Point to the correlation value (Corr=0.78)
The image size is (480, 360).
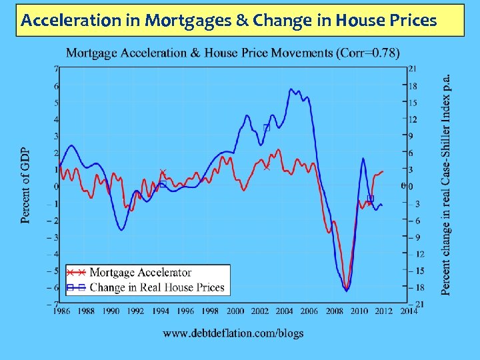(369, 53)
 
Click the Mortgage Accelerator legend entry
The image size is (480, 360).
(140, 272)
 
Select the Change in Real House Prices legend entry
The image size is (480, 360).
(157, 287)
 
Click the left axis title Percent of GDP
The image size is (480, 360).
(25, 185)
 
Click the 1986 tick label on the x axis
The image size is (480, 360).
(61, 311)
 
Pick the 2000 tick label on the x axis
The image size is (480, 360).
(235, 311)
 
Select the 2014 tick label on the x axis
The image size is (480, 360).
(409, 311)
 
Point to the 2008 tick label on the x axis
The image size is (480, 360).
(334, 311)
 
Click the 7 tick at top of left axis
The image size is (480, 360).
(57, 68)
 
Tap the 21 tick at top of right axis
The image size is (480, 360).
(413, 68)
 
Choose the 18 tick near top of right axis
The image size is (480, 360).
(413, 86)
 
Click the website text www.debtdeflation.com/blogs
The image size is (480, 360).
(233, 333)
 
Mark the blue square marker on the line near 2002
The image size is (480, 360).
(267, 127)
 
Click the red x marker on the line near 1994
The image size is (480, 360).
(163, 173)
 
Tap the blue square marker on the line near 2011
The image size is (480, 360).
(371, 198)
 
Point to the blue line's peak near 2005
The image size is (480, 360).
(291, 89)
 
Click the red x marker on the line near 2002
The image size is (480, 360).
(267, 167)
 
